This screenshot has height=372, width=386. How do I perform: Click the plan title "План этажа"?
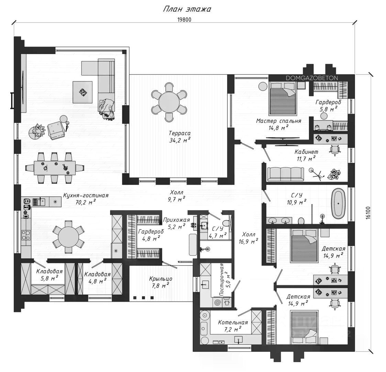pyautogui.click(x=187, y=9)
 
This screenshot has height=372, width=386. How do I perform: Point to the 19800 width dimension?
pyautogui.click(x=184, y=20)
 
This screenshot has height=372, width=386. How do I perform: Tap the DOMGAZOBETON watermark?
pyautogui.click(x=312, y=78)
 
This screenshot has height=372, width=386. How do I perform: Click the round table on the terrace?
pyautogui.click(x=169, y=102)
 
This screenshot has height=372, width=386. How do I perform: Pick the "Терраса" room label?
pyautogui.click(x=180, y=133)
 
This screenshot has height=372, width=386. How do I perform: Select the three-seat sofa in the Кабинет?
pyautogui.click(x=286, y=174)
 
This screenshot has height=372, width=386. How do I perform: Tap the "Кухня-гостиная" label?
pyautogui.click(x=86, y=196)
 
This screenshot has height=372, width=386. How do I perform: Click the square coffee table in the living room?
pyautogui.click(x=82, y=92)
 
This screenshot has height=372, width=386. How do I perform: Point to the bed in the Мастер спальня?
pyautogui.click(x=283, y=98)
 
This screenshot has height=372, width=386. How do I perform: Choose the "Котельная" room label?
pyautogui.click(x=233, y=322)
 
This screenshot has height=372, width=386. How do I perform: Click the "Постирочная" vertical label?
pyautogui.click(x=222, y=280)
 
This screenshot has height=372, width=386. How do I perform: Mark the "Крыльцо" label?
pyautogui.click(x=161, y=279)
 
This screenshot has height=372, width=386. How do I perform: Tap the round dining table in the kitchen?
pyautogui.click(x=68, y=237)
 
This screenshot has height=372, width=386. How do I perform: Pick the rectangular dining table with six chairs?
pyautogui.click(x=55, y=168)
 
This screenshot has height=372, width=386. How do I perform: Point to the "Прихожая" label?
pyautogui.click(x=176, y=220)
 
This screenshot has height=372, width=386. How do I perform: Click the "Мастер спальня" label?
pyautogui.click(x=279, y=121)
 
